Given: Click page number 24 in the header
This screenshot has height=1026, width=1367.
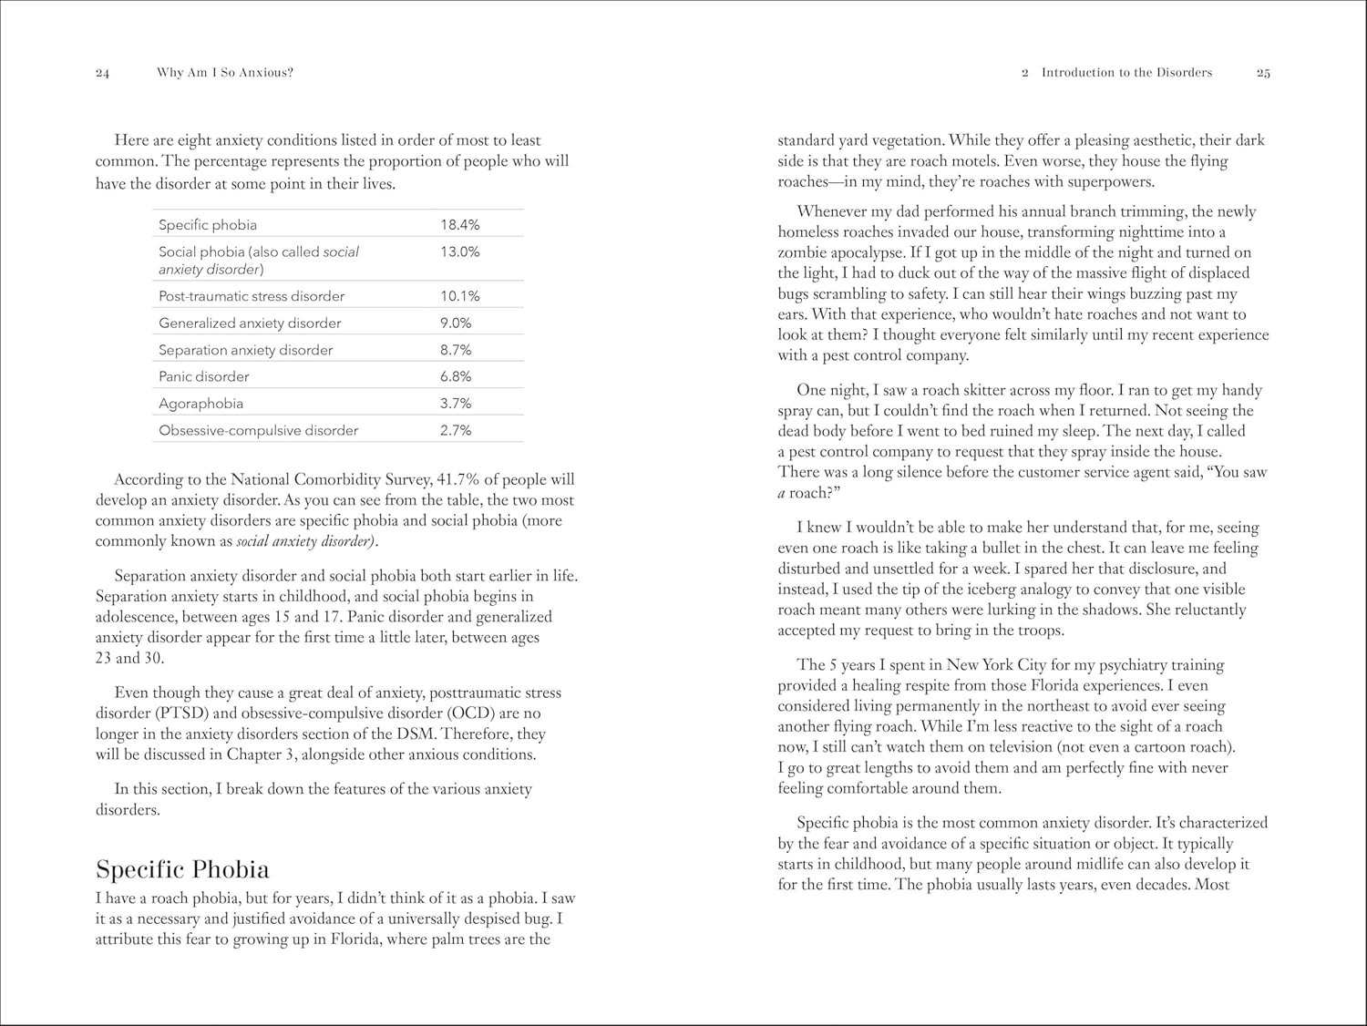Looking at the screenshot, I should point(102,74).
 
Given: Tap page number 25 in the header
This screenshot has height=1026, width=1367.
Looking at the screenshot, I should point(1263,74).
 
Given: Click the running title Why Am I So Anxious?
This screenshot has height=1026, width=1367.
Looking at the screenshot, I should point(225,73).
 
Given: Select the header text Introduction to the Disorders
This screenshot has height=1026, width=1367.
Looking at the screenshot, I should point(1126,73).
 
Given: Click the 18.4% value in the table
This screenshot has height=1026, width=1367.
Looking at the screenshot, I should point(459,225).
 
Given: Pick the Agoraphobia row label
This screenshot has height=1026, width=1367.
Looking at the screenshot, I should point(200,404).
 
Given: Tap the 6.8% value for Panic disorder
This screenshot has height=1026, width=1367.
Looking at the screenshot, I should point(456,376).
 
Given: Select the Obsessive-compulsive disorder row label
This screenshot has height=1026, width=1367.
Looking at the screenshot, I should point(258,430).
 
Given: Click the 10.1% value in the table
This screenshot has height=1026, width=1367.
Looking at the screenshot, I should point(459,296).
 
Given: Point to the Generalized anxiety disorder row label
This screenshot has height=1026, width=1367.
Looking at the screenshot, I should point(250,323).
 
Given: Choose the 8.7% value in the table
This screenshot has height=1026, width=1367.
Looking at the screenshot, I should point(456,350).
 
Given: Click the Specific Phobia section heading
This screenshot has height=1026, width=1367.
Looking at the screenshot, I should point(182,869).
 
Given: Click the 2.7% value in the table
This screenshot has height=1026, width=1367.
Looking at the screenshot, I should point(456,430).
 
